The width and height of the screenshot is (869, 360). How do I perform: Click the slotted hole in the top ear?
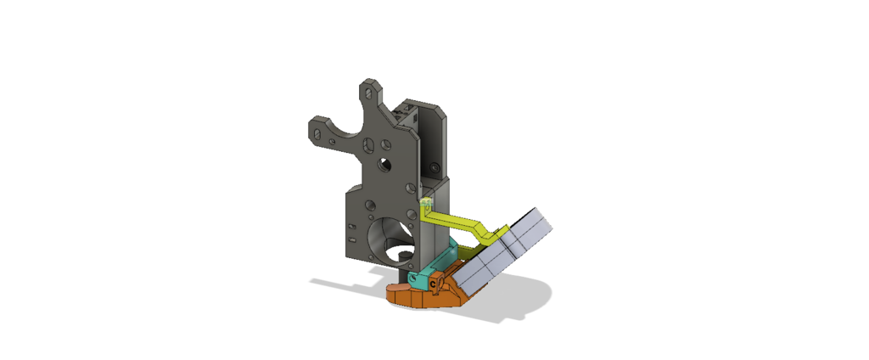point(370,89)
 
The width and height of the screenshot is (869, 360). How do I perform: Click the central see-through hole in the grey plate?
point(385,162)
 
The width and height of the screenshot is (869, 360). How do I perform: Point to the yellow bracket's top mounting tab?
point(426,203)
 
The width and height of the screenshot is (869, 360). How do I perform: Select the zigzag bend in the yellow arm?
point(483,227)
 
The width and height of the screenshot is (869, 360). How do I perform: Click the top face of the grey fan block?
point(531,222)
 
